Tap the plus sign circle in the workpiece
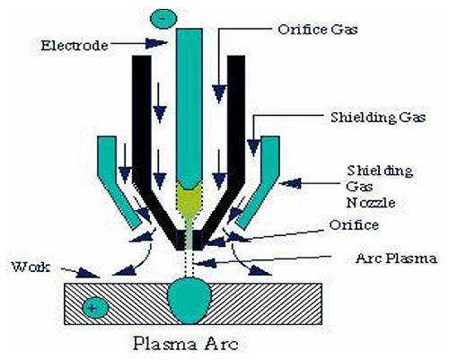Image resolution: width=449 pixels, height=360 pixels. click(x=92, y=308)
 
